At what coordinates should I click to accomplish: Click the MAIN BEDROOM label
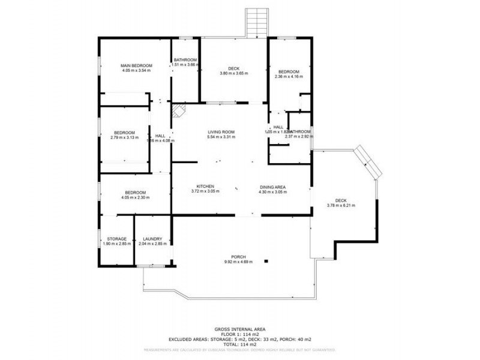(136, 65)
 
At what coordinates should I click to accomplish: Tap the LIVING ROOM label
(221, 132)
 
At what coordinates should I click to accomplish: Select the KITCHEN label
(205, 186)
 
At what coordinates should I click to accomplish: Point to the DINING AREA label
(272, 186)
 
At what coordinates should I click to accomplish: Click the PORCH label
(238, 257)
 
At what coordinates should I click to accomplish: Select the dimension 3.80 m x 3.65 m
(233, 73)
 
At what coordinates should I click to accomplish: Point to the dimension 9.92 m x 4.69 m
(238, 262)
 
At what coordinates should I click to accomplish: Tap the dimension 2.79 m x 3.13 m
(125, 137)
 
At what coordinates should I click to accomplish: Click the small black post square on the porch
(269, 260)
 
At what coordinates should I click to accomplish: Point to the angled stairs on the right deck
(367, 161)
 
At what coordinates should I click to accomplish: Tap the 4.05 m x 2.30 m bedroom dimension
(133, 197)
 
